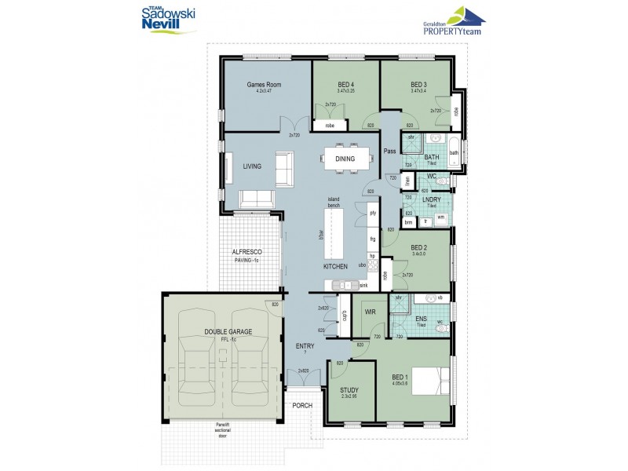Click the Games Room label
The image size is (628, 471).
(263, 84)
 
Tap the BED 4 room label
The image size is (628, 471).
(345, 84)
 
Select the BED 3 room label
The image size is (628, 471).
(418, 84)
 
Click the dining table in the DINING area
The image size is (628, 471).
(345, 159)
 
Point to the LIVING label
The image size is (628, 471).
(251, 166)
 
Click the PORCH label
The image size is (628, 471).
(302, 405)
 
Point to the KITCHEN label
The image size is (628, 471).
(335, 267)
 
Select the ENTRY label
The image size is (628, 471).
(305, 345)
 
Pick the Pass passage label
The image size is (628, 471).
(389, 152)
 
